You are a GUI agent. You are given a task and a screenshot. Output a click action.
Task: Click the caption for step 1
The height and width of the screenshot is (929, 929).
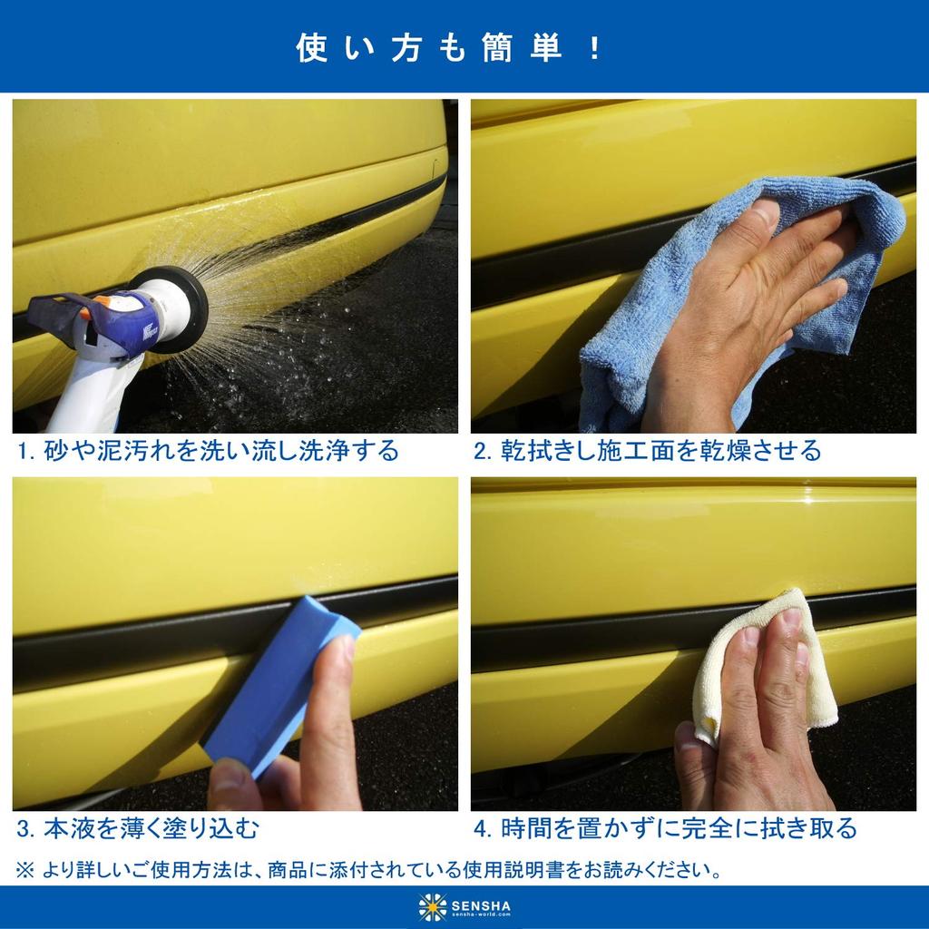click(x=208, y=450)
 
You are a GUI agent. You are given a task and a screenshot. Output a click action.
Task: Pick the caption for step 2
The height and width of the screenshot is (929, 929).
click(x=647, y=450)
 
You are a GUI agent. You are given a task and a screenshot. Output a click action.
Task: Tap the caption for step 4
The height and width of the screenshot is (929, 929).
click(x=665, y=827)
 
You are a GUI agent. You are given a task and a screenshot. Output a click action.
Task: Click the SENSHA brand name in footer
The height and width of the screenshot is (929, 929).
click(x=481, y=905)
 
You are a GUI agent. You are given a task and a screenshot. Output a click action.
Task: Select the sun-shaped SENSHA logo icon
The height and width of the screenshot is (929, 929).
click(x=433, y=906)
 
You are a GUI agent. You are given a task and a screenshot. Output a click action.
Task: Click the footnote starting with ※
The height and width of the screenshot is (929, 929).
click(x=369, y=871)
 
